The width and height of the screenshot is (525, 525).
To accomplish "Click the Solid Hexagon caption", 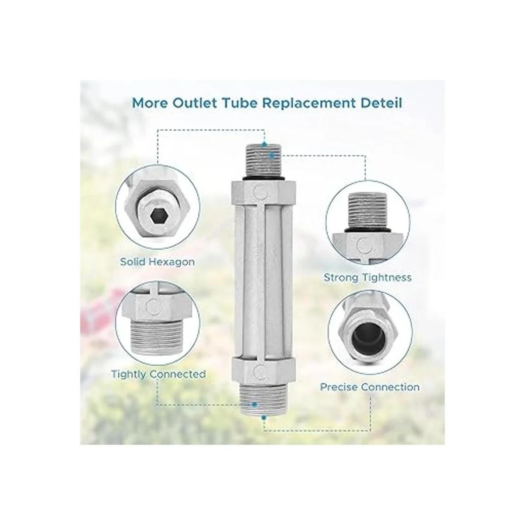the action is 157,262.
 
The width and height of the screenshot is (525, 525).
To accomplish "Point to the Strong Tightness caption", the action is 367,278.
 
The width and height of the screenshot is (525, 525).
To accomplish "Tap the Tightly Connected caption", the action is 158,374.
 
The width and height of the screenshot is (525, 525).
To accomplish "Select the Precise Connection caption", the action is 370,387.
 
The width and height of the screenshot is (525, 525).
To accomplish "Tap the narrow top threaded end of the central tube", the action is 263,160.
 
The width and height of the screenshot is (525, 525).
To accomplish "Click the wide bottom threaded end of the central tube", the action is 263,398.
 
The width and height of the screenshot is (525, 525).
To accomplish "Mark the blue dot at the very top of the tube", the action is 264,144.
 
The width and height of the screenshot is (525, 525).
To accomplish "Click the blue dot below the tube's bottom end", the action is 263,417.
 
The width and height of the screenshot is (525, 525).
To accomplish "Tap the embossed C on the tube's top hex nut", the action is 261,192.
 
